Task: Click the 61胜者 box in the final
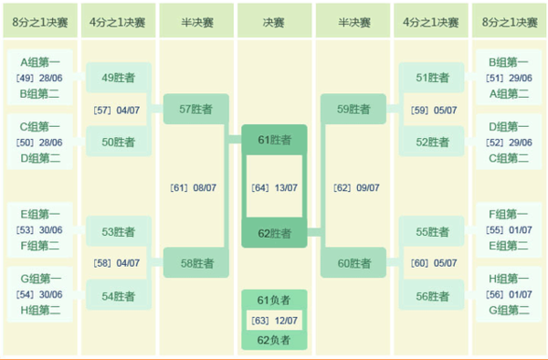tap(274, 140)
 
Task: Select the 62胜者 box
tap(274, 233)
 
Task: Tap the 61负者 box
tap(274, 300)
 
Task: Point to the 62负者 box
tap(274, 340)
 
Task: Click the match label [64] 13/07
tap(274, 187)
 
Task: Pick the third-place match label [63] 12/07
tap(274, 320)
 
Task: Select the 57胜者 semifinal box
tap(196, 110)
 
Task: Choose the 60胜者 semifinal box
tap(353, 264)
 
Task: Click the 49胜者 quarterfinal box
tap(119, 78)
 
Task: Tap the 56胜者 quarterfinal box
tap(432, 296)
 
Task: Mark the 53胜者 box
tap(119, 232)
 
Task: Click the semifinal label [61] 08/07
tap(193, 187)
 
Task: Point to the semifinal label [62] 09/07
tap(355, 187)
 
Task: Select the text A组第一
tap(40, 62)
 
